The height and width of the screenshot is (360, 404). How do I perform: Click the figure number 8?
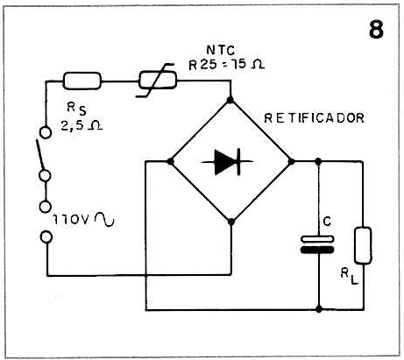pyautogui.click(x=376, y=29)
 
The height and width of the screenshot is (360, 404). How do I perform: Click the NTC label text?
pyautogui.click(x=221, y=50)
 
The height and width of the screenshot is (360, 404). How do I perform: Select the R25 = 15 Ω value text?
pyautogui.click(x=227, y=65)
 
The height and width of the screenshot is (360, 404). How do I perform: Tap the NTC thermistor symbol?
pyautogui.click(x=157, y=81)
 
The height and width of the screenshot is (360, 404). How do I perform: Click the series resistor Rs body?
pyautogui.click(x=82, y=81)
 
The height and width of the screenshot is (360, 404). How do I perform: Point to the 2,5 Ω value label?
pyautogui.click(x=82, y=125)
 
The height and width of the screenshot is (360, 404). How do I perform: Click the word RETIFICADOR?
pyautogui.click(x=314, y=118)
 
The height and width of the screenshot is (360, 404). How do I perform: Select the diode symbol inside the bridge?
pyautogui.click(x=227, y=161)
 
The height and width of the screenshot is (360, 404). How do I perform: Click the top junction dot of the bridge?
pyautogui.click(x=230, y=100)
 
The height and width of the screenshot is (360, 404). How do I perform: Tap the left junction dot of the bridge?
pyautogui.click(x=170, y=161)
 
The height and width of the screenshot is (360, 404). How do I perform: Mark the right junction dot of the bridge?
pyautogui.click(x=291, y=161)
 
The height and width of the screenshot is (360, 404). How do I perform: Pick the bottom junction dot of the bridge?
pyautogui.click(x=231, y=222)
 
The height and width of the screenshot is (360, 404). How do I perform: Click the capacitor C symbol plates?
pyautogui.click(x=317, y=244)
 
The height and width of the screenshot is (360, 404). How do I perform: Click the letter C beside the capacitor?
pyautogui.click(x=327, y=222)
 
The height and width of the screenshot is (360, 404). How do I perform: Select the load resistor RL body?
pyautogui.click(x=363, y=245)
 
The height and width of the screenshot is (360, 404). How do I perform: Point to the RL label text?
pyautogui.click(x=349, y=276)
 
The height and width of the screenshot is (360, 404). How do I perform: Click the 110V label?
pyautogui.click(x=70, y=220)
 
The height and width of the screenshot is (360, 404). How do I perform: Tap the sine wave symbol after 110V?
pyautogui.click(x=104, y=219)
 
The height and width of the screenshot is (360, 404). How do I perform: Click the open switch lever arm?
pyautogui.click(x=40, y=154)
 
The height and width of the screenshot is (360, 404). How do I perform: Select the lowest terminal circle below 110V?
pyautogui.click(x=46, y=236)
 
